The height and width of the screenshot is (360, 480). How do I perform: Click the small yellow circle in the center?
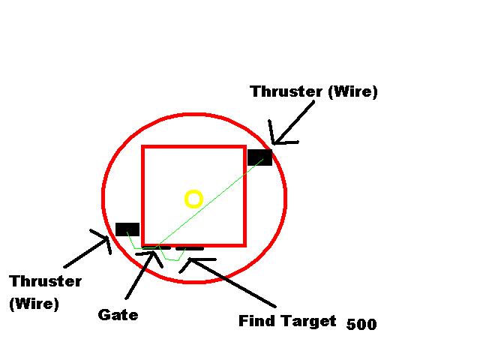193,199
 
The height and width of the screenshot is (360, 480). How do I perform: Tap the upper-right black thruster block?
259,157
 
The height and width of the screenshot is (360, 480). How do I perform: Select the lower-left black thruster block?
127,229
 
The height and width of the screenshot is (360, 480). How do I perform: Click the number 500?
361,325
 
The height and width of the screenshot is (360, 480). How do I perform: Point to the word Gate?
118,315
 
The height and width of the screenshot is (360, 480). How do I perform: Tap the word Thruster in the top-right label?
286,92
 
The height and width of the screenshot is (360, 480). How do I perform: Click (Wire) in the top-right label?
352,92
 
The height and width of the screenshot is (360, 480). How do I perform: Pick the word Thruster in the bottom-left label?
46,281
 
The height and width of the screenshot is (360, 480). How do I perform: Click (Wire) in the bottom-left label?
34,304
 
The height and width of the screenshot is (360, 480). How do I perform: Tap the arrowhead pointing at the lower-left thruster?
107,239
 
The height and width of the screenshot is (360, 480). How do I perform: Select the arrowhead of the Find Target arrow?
190,260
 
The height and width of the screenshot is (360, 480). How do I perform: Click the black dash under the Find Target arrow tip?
190,248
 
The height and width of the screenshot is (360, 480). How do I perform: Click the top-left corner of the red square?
144,147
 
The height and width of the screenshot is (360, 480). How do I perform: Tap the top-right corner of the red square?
244,147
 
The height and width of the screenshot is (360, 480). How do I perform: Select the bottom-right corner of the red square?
244,244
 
